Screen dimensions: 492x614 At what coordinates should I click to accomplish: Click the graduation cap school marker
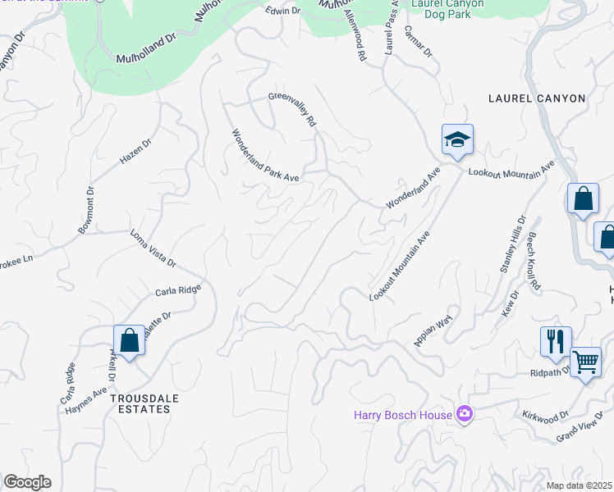pos(457,139)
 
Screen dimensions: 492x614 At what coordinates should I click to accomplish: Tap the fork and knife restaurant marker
pos(556,340)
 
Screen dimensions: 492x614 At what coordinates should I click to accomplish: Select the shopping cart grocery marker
pos(585,361)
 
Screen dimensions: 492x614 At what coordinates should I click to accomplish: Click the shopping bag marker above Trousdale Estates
pos(129,339)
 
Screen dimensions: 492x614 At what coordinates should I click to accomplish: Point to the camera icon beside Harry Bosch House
pos(465,414)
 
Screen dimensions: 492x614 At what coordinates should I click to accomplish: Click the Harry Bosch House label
pos(403,415)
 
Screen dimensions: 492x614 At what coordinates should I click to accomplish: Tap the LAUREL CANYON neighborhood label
pos(537,98)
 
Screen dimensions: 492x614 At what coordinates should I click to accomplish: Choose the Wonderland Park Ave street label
pos(265,155)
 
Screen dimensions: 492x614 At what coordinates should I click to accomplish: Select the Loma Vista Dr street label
pos(153,248)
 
